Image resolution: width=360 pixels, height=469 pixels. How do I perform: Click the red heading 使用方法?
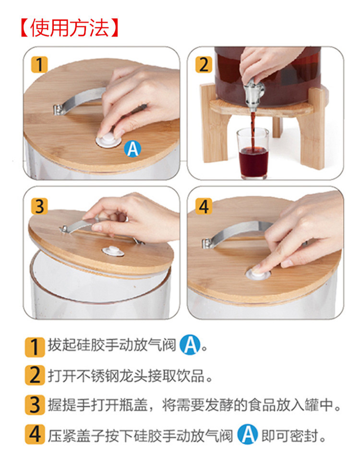click(70, 28)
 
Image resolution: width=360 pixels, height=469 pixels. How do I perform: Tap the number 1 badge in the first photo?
click(39, 65)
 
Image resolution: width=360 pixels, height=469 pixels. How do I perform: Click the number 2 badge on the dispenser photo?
click(204, 65)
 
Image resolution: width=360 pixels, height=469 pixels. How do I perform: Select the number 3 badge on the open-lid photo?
click(39, 206)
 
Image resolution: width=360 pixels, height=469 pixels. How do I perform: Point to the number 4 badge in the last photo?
click(204, 206)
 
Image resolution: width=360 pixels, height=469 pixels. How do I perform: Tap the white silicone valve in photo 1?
click(108, 140)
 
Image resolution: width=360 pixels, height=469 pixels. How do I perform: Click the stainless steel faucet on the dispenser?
click(253, 91)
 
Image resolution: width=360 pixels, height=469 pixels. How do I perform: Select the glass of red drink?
click(253, 154)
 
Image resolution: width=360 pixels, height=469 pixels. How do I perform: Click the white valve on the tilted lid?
click(113, 251)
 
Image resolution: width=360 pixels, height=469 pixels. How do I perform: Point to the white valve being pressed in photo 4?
click(257, 274)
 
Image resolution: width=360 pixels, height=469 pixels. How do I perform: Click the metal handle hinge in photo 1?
click(58, 109)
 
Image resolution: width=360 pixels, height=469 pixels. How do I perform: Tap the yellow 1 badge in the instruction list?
click(35, 347)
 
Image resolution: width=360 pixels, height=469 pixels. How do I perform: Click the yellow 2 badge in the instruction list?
click(35, 375)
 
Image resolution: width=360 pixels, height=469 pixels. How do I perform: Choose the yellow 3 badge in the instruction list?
click(35, 405)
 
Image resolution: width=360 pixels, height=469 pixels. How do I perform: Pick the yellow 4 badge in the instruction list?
click(35, 434)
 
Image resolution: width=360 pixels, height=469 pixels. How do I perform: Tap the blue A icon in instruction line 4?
click(248, 434)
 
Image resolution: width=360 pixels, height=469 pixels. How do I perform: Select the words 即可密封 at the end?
click(290, 436)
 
